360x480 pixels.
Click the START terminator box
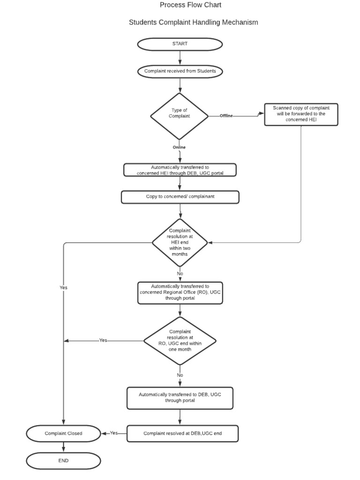(180, 44)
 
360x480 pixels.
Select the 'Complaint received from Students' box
(180, 71)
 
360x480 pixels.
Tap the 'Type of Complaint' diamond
(179, 116)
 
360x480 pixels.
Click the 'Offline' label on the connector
(226, 116)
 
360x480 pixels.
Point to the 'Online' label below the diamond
(179, 147)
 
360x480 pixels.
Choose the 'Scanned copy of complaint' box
(301, 114)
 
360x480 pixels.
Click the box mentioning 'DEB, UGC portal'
(180, 170)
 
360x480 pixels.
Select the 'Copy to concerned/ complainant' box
(180, 197)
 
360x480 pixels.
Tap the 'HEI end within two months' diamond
(180, 242)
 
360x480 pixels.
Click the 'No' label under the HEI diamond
(180, 273)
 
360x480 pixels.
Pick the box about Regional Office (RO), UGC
(180, 292)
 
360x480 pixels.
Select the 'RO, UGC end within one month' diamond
(180, 340)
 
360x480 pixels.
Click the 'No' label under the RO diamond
(180, 375)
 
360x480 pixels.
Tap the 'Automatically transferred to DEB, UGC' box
(180, 397)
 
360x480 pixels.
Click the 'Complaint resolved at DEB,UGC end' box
(182, 434)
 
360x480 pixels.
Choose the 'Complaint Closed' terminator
(63, 434)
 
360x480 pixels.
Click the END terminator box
(63, 461)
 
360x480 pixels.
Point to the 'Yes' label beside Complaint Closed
(114, 433)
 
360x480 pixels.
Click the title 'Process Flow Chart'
(190, 5)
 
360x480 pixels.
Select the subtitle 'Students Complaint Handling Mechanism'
(193, 22)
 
